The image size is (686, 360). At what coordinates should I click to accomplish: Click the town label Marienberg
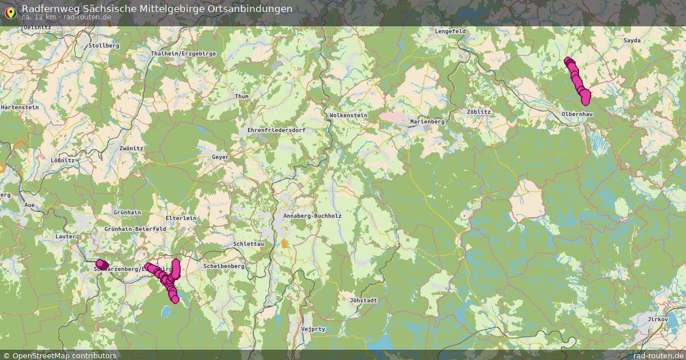[427, 122]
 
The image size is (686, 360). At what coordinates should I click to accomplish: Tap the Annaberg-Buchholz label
[312, 216]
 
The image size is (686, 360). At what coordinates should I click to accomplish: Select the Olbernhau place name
[577, 114]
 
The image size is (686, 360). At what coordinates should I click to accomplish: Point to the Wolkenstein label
[348, 115]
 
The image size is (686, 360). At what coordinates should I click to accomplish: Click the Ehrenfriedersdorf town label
[276, 130]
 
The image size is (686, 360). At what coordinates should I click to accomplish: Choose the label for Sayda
[632, 41]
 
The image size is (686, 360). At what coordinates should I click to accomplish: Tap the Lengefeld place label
[450, 31]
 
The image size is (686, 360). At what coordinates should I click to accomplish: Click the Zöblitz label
[478, 112]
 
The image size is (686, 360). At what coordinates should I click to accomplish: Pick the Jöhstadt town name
[363, 300]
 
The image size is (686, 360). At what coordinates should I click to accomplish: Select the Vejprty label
[313, 329]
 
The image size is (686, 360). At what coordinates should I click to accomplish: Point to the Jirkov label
[657, 318]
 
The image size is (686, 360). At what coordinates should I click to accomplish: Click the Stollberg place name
[104, 45]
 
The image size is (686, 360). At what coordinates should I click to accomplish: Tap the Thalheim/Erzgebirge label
[183, 54]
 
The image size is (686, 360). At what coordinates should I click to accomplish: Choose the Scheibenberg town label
[224, 266]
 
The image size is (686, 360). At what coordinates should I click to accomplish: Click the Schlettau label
[249, 244]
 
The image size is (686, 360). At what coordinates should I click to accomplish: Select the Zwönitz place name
[131, 148]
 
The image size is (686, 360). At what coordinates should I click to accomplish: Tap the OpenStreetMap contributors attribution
[64, 355]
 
